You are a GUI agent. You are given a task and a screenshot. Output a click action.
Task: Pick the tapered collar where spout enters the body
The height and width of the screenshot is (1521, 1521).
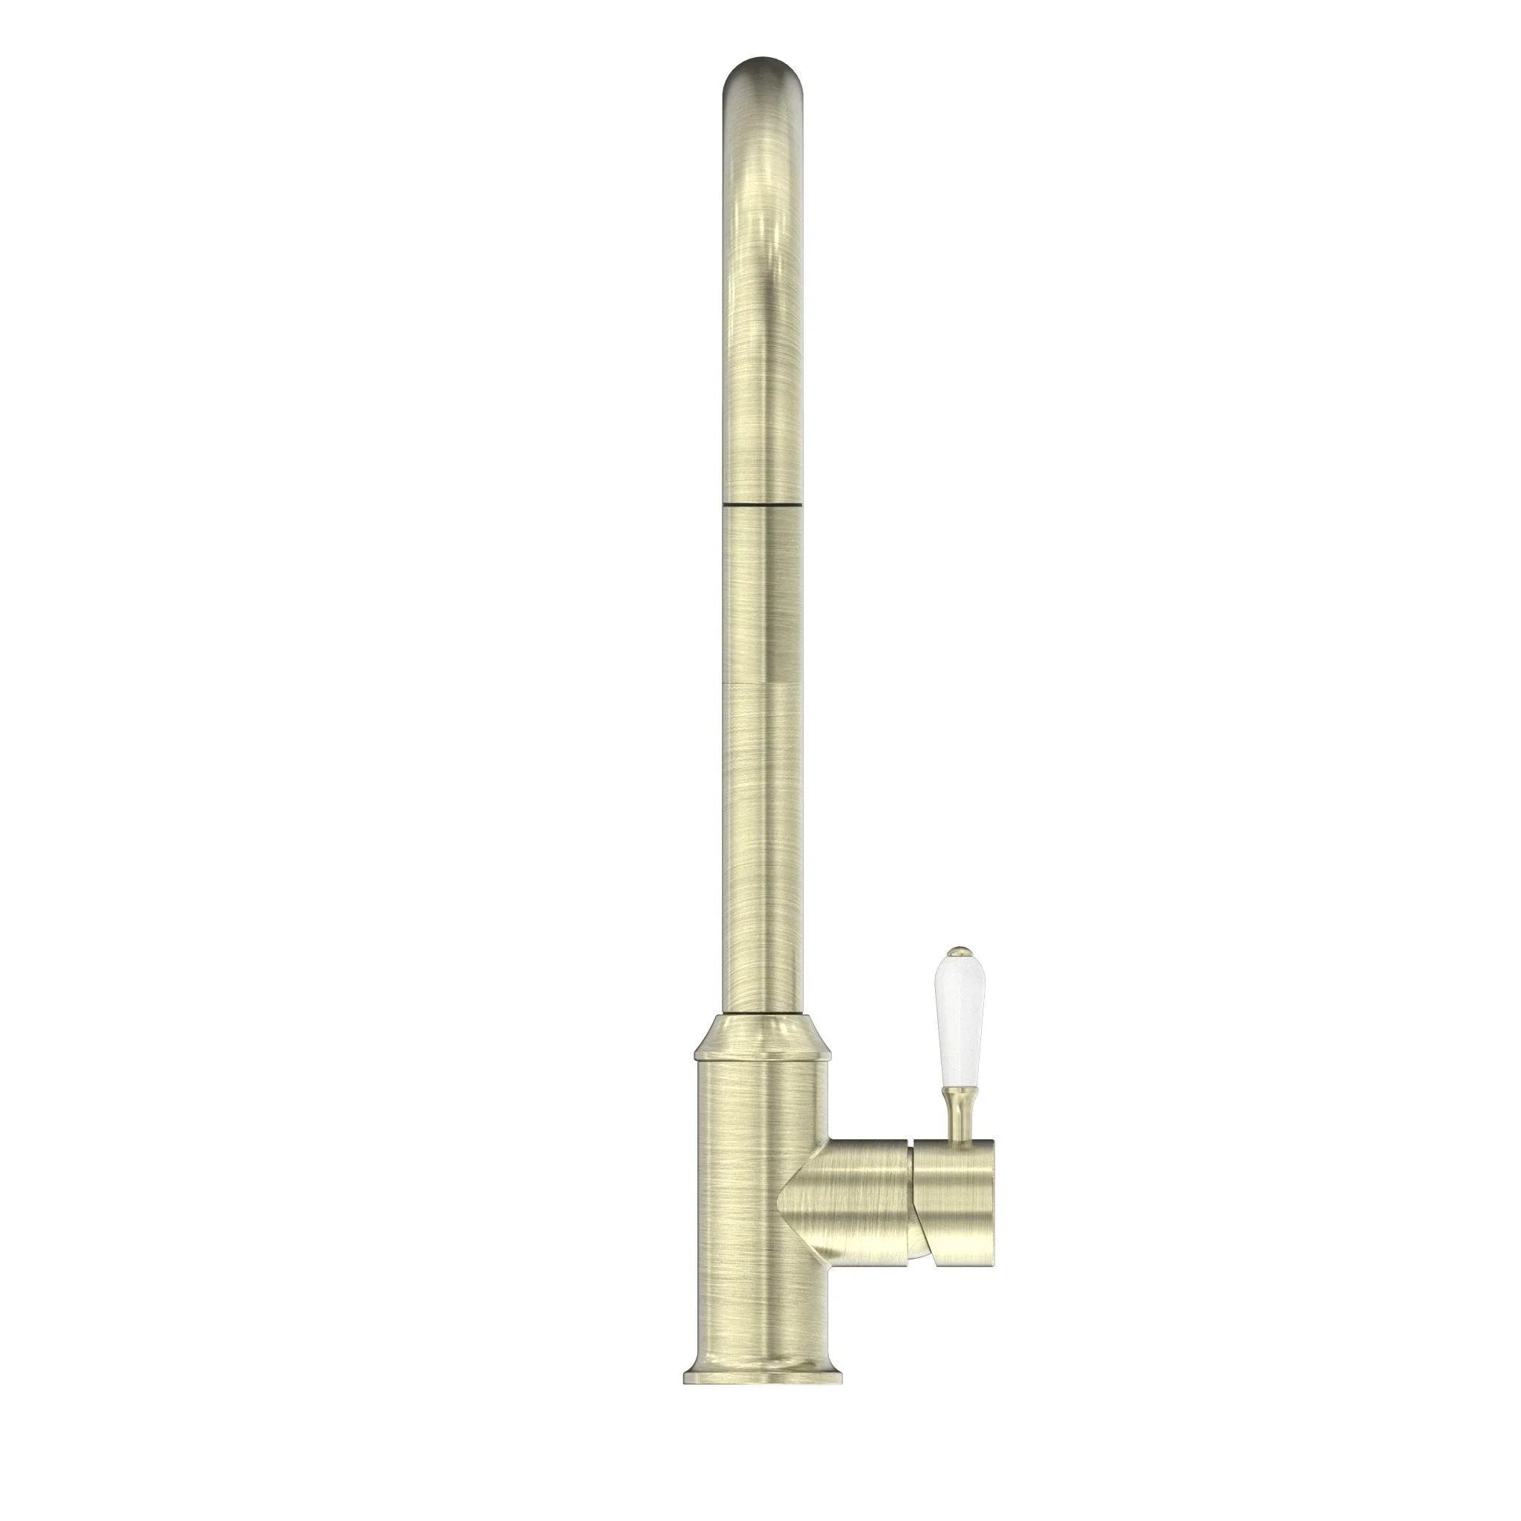tap(761, 1032)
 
